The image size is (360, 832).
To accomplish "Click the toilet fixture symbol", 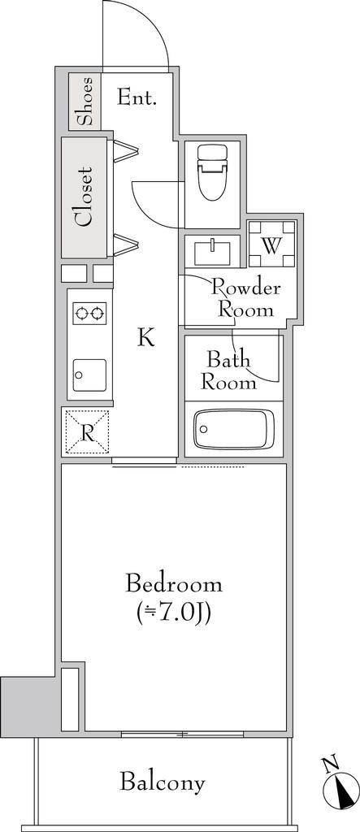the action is pos(212,172).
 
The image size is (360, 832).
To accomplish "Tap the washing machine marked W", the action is pos(272,244).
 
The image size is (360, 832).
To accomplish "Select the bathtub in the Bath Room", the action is pos(233,429).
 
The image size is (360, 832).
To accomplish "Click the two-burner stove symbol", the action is pos(89,313).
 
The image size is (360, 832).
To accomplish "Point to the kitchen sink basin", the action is pos(89,375).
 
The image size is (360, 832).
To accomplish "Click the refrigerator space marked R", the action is pos(87,432).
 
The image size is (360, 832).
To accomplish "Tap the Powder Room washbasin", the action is pos(212,252).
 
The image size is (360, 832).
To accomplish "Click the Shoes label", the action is pos(85,102).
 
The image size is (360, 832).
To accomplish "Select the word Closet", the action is pos(85,197).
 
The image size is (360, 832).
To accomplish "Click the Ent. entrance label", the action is pos(137,97).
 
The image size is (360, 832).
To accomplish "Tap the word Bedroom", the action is pos(174,584).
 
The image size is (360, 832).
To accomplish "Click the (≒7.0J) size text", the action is pos(174,613).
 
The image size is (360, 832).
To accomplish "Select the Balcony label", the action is pos(162,782).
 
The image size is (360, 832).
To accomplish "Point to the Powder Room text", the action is pos(246,299).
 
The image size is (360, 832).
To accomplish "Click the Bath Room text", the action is pos(228,370).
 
